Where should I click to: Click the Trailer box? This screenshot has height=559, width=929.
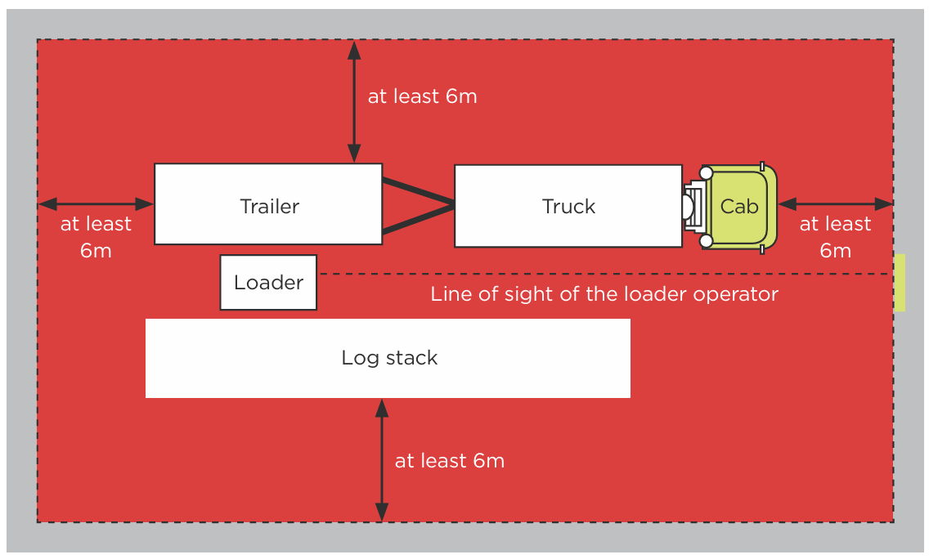pos(268,204)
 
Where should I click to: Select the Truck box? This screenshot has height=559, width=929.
pos(568,206)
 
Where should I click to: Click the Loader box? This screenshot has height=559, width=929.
pos(268,283)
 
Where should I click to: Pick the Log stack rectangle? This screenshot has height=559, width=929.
pos(388,358)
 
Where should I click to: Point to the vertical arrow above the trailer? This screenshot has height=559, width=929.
pos(354,102)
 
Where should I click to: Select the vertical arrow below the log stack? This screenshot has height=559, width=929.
pos(382,460)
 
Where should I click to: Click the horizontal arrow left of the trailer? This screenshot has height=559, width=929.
pos(96,203)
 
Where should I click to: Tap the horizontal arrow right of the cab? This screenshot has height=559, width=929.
pos(835,203)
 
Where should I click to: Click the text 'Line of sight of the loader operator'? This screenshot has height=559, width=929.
pos(604,293)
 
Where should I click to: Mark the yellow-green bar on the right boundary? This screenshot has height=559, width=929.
pos(900,283)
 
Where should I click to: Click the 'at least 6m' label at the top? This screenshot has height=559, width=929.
pos(422,96)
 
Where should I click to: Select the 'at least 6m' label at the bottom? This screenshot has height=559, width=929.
pos(449,461)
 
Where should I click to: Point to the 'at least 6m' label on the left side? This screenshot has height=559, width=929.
pos(96,237)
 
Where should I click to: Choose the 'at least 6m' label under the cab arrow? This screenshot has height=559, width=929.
pos(835,237)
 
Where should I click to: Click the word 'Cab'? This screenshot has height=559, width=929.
pos(739,207)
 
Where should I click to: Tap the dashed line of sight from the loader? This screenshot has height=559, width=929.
pos(605,274)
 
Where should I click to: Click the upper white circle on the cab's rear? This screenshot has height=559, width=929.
pos(706,173)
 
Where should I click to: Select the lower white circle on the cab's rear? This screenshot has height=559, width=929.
pos(706,240)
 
